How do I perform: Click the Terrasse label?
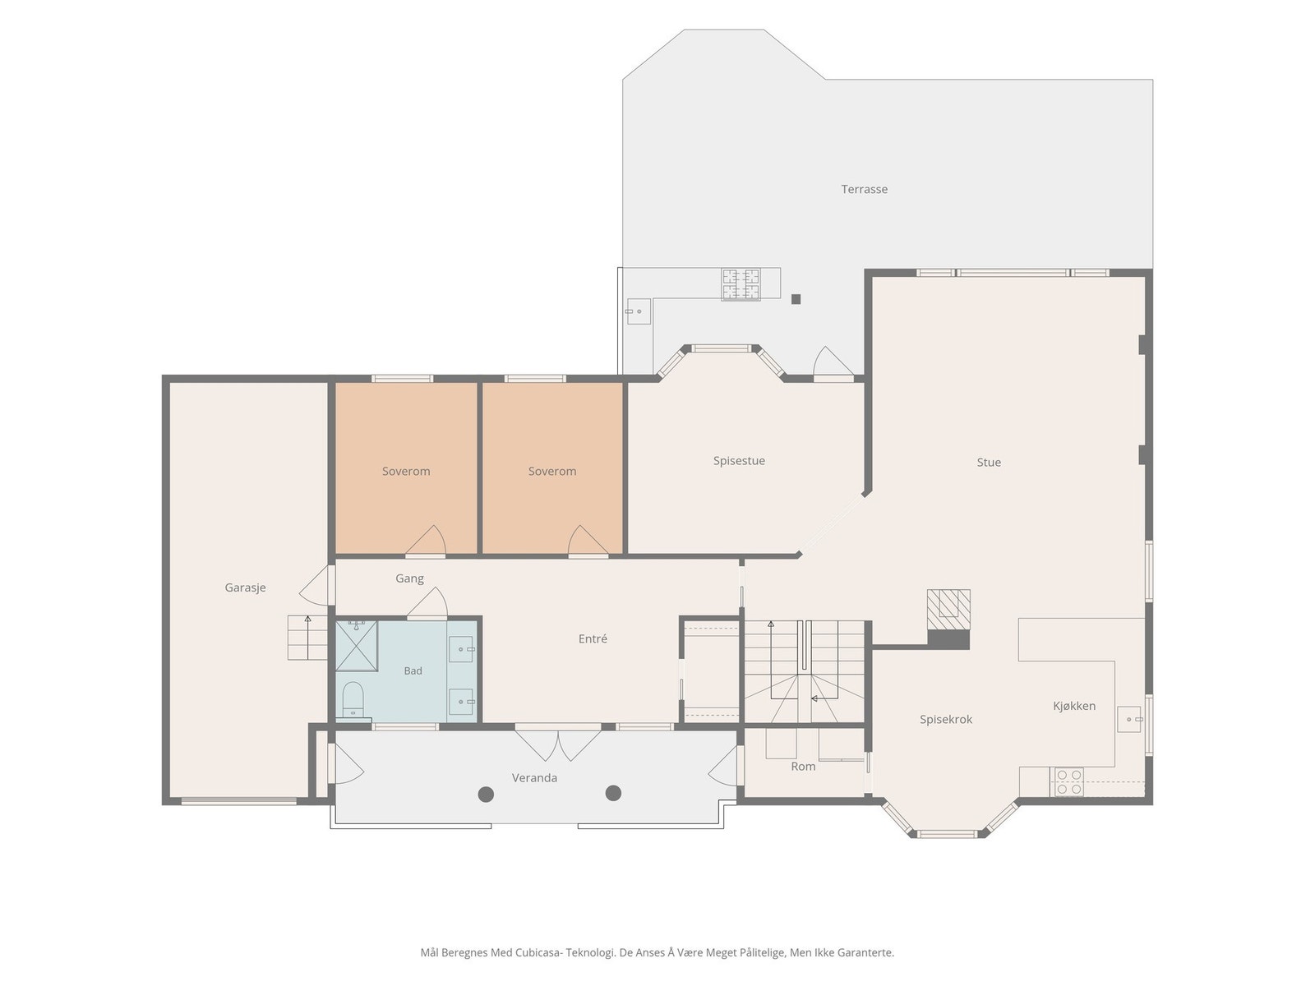point(864,189)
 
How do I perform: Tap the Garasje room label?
point(245,587)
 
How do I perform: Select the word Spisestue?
point(739,461)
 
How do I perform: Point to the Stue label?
point(989,462)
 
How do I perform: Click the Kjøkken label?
point(1074,706)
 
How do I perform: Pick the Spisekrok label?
point(946,720)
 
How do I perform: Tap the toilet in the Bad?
point(353,700)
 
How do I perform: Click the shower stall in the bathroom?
point(356,646)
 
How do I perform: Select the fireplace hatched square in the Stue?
point(948,610)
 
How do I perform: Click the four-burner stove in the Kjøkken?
point(1068,782)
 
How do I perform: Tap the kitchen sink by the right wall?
point(1130,720)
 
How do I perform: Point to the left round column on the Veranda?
point(486,795)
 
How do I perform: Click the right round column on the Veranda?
point(613,793)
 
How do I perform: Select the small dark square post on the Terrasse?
point(796,299)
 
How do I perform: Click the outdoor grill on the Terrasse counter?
point(741,283)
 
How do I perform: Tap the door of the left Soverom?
point(426,541)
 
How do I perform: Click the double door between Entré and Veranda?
point(558,744)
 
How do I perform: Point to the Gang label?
point(410,579)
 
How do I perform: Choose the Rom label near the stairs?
point(803,767)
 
